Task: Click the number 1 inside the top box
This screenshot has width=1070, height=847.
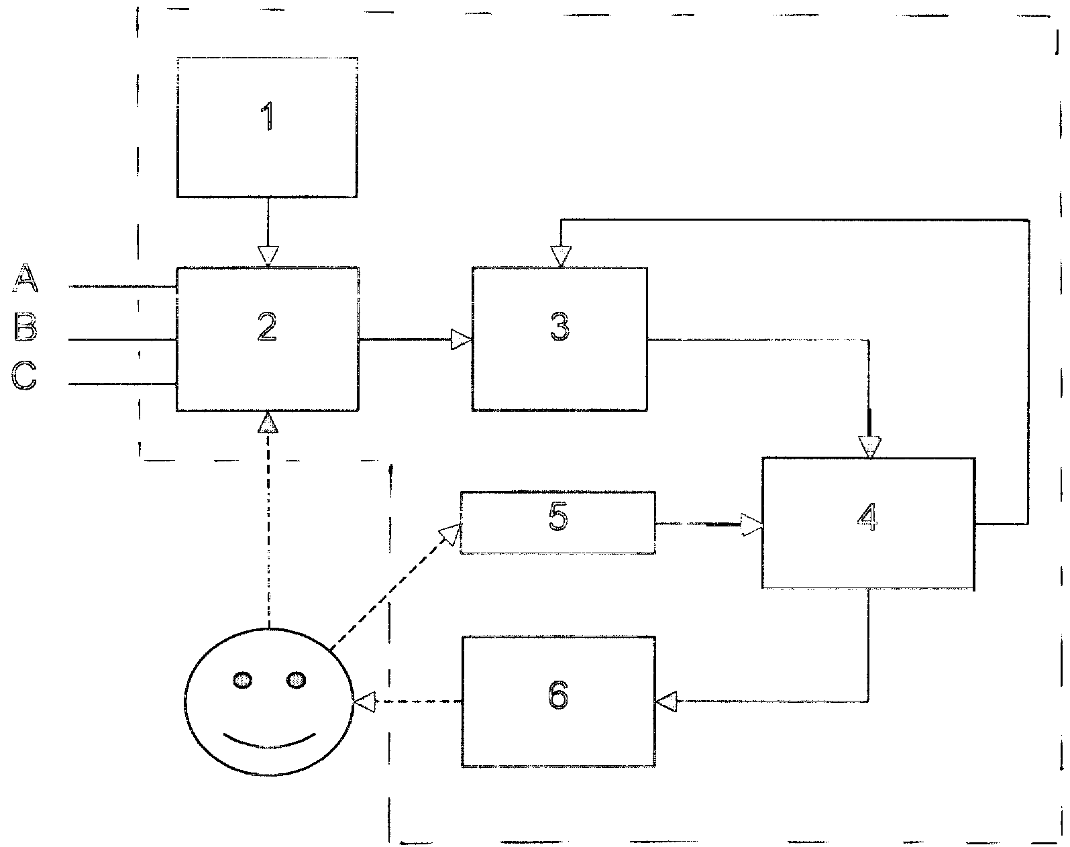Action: [267, 117]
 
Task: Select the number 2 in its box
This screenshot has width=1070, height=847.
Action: [267, 328]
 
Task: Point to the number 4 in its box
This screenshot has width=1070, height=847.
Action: [868, 518]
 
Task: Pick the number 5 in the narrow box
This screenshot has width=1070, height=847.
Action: [558, 518]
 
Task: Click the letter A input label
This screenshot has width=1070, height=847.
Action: [25, 279]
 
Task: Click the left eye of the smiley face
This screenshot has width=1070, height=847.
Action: [243, 681]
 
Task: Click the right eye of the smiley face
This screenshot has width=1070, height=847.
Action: [295, 681]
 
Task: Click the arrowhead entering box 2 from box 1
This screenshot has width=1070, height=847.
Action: [268, 256]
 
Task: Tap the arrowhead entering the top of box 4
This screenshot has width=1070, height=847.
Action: [870, 447]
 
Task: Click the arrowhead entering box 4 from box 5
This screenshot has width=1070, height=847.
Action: [751, 524]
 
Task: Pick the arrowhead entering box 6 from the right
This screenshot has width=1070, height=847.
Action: [666, 701]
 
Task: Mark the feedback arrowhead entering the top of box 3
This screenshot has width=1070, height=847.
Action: [561, 256]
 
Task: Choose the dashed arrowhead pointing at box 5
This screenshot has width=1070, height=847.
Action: [449, 534]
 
